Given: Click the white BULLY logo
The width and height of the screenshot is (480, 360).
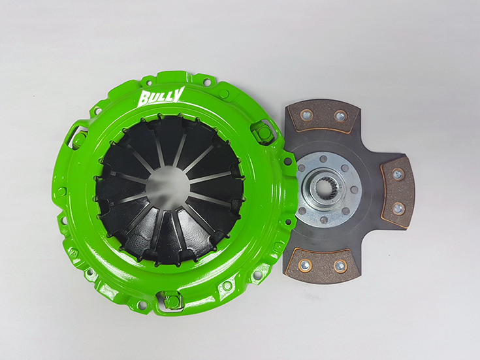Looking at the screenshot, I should pyautogui.click(x=161, y=97).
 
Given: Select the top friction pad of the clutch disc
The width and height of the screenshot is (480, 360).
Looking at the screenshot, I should pyautogui.click(x=323, y=116).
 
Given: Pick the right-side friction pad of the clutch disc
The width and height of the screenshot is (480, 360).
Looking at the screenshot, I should pyautogui.click(x=397, y=191).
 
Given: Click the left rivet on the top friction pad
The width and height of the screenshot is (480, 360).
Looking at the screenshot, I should pyautogui.click(x=304, y=115).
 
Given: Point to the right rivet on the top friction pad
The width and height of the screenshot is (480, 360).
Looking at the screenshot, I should pyautogui.click(x=340, y=115).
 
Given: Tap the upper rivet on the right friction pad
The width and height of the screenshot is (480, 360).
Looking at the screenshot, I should pyautogui.click(x=397, y=174).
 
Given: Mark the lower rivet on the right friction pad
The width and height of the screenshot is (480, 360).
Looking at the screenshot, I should pyautogui.click(x=397, y=208).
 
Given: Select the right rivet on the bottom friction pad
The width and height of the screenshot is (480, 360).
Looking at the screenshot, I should pyautogui.click(x=340, y=266).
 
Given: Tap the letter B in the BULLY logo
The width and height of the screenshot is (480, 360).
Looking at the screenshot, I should pyautogui.click(x=144, y=99).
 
